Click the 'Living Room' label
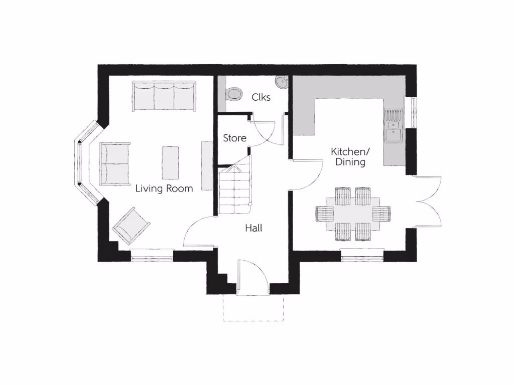pyautogui.click(x=164, y=189)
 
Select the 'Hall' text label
pyautogui.click(x=253, y=228)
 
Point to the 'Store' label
pyautogui.click(x=234, y=138)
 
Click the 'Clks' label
pyautogui.click(x=261, y=97)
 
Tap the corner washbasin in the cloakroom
pyautogui.click(x=281, y=82)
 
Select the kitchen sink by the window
pyautogui.click(x=393, y=127)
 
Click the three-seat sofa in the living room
pyautogui.click(x=164, y=96)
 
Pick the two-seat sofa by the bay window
pyautogui.click(x=115, y=163)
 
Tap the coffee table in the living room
pyautogui.click(x=170, y=162)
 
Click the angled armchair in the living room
pyautogui.click(x=131, y=225)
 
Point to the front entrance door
pyautogui.click(x=253, y=278)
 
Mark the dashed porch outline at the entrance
pyautogui.click(x=253, y=308)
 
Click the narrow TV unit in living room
pyautogui.click(x=206, y=165)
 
